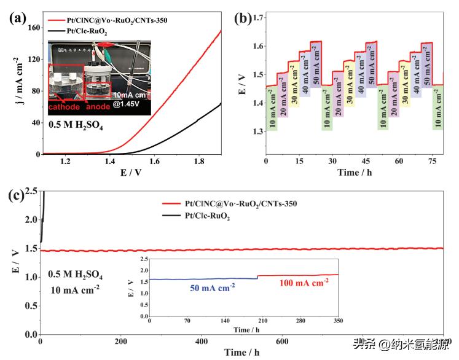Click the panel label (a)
click(x=17, y=17)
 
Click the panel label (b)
click(x=244, y=18)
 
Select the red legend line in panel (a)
click(x=58, y=20)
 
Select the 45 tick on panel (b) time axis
click(x=366, y=161)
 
